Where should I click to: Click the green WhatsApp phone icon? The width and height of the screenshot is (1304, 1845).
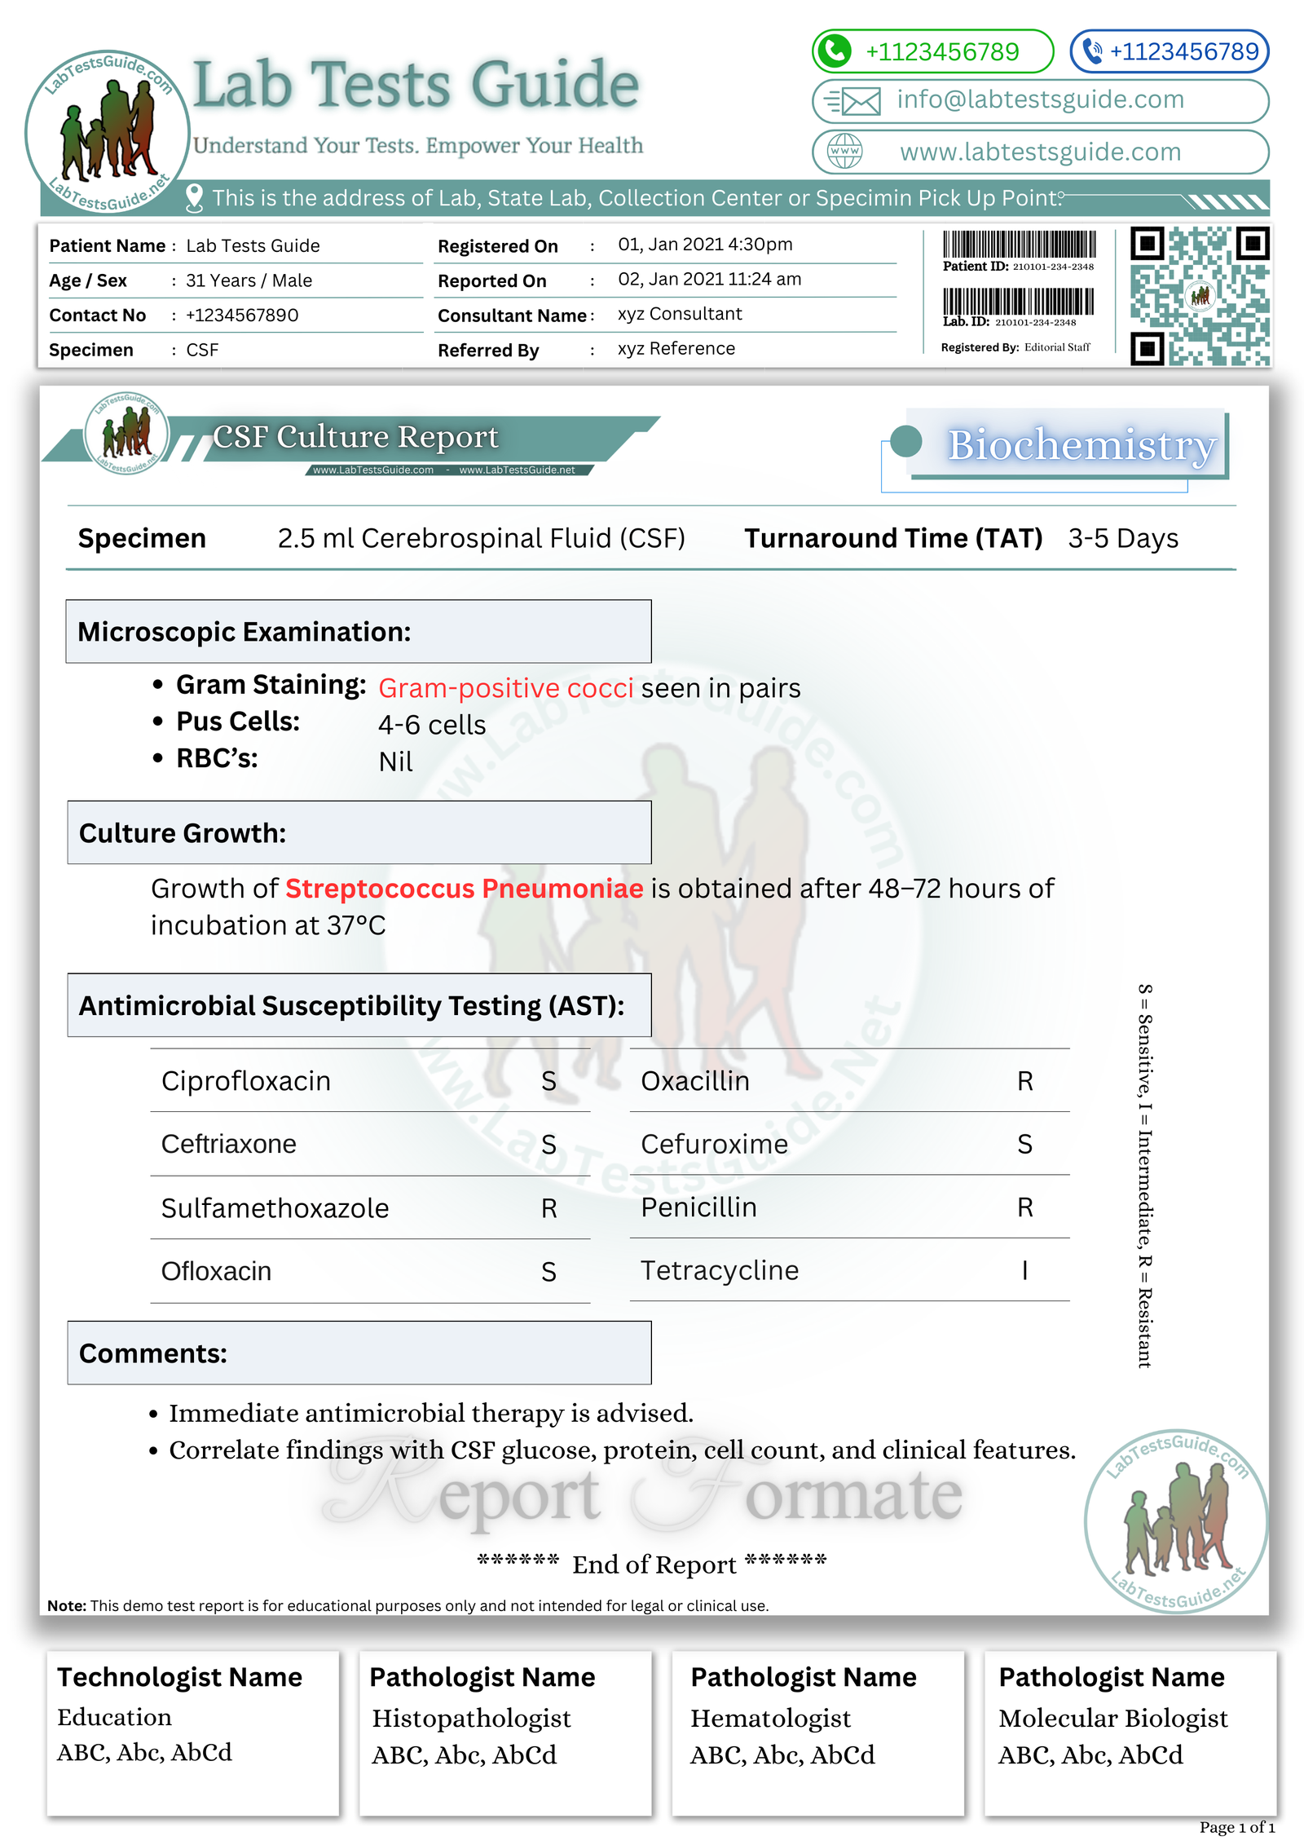click(x=834, y=51)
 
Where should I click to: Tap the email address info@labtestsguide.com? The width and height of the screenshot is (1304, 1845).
click(x=1040, y=99)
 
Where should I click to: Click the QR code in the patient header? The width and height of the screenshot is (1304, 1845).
click(x=1199, y=296)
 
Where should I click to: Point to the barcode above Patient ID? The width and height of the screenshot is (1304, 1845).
click(x=1019, y=245)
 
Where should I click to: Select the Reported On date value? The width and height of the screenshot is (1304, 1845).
click(x=709, y=280)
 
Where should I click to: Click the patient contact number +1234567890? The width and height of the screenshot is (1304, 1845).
click(x=242, y=316)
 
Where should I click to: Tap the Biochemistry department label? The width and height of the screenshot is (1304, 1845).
click(x=1081, y=445)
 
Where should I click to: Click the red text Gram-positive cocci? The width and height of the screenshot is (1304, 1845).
click(x=505, y=689)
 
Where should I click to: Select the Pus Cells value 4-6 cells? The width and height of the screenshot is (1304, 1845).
click(x=432, y=725)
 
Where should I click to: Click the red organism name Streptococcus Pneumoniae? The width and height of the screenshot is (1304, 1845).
click(x=464, y=889)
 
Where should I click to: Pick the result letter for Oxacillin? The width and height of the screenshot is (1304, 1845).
click(x=1024, y=1082)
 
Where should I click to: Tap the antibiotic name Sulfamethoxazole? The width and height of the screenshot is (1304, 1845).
click(x=275, y=1208)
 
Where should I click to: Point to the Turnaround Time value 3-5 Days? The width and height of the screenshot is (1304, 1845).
click(x=1122, y=539)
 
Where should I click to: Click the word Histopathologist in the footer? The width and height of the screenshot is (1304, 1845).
click(x=471, y=1719)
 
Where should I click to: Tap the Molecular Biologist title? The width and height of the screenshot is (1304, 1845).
click(x=1112, y=1719)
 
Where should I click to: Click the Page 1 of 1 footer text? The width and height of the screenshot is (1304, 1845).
click(x=1236, y=1827)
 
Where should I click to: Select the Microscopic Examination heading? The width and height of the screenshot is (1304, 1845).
click(x=244, y=633)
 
